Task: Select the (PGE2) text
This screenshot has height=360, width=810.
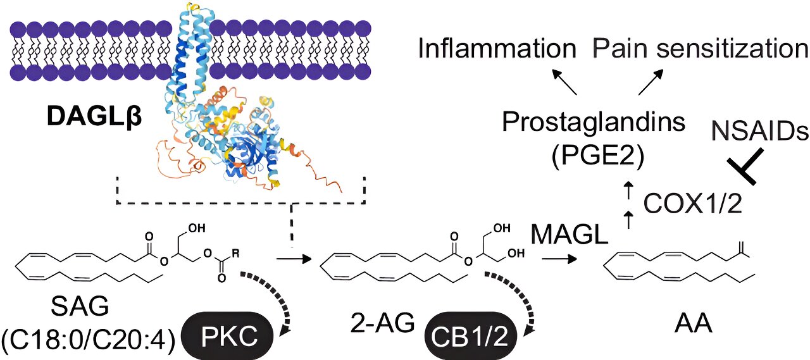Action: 594,155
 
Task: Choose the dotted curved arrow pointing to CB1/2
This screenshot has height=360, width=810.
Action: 513,297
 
